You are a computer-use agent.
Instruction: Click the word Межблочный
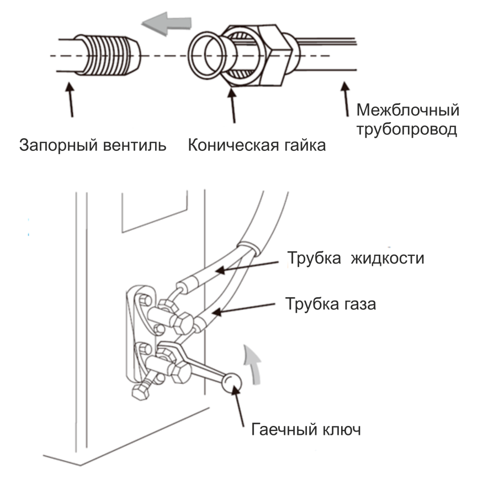(407, 109)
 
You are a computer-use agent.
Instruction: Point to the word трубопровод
(406, 131)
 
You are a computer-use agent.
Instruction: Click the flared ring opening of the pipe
(205, 56)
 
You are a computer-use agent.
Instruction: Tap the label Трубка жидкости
(356, 258)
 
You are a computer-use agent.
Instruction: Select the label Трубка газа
(331, 303)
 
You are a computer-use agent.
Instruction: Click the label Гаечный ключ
(306, 429)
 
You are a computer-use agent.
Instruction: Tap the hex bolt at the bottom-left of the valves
(140, 392)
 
